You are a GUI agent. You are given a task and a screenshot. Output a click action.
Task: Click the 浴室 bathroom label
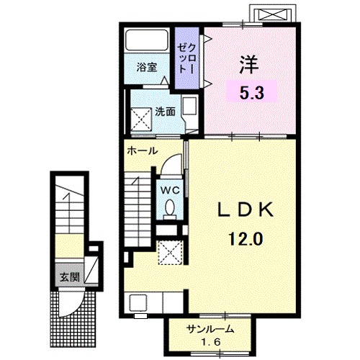[147, 67]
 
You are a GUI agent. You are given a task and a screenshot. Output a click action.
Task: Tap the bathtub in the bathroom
[147, 40]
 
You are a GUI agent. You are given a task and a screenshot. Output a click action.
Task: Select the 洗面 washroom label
[165, 112]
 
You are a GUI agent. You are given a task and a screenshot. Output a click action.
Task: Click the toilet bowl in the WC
[170, 207]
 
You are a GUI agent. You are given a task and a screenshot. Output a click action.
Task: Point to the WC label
[170, 191]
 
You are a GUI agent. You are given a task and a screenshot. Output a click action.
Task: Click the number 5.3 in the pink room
[252, 93]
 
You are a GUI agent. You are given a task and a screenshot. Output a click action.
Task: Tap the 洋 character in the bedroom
[249, 65]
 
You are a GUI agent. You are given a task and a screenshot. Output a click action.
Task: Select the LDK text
[246, 210]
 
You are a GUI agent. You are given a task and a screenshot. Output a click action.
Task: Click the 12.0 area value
[246, 238]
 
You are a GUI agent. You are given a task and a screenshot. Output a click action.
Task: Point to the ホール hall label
[143, 150]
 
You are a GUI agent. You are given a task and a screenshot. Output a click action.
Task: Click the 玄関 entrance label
[70, 277]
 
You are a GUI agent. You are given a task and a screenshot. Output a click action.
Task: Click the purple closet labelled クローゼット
[186, 58]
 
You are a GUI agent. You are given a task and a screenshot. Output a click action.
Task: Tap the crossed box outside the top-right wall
[273, 14]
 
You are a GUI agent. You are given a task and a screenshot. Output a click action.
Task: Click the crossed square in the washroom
[141, 120]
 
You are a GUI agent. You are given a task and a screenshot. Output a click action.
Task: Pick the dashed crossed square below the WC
[170, 253]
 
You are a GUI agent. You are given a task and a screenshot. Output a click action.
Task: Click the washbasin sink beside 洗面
[189, 106]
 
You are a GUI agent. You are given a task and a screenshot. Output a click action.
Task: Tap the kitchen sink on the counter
[138, 303]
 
